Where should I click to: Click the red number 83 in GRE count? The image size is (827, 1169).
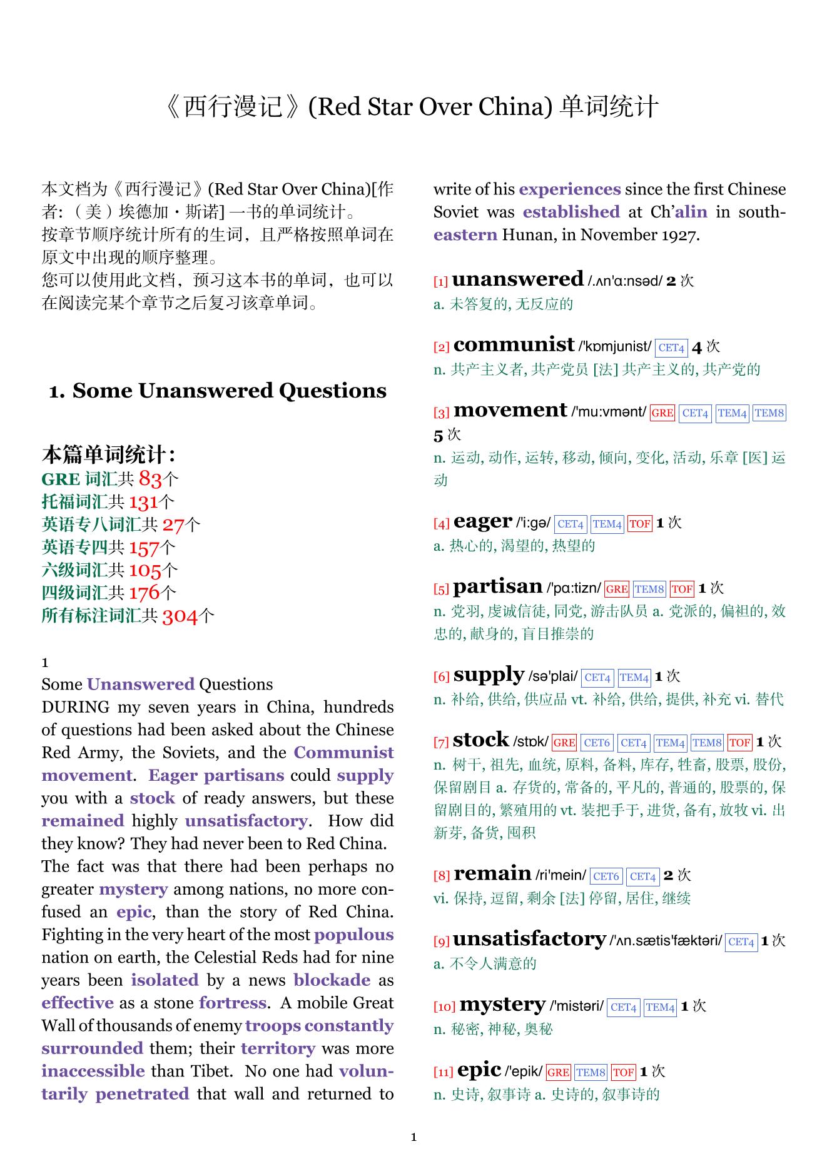[x=150, y=479]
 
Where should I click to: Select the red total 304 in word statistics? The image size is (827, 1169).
[x=180, y=616]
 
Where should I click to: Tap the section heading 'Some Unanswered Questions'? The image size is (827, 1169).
[x=218, y=391]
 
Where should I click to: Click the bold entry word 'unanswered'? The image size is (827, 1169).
[x=517, y=279]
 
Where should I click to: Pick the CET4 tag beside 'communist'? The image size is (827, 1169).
[x=671, y=348]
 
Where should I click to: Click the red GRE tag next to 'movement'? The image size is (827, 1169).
[x=662, y=413]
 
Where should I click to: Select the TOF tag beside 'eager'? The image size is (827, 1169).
[x=639, y=524]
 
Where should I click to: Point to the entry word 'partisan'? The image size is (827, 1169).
[x=497, y=586]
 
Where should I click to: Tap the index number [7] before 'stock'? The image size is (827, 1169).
[x=441, y=743]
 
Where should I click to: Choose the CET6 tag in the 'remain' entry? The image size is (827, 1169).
[x=605, y=876]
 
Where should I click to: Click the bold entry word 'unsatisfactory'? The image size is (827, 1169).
[x=529, y=939]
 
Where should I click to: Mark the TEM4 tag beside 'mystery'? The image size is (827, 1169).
[x=660, y=1007]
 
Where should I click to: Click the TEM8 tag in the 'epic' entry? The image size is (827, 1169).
[x=591, y=1073]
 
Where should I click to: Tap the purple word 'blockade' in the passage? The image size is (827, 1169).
[x=332, y=980]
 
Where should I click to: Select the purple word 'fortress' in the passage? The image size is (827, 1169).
[x=233, y=1003]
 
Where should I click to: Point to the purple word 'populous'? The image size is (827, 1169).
[x=353, y=935]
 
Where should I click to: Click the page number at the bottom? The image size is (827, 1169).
[x=413, y=1137]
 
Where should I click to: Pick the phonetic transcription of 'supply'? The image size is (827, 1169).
[x=553, y=676]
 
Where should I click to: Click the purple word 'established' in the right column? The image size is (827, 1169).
[x=571, y=212]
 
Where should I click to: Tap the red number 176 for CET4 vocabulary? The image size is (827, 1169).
[x=145, y=593]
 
